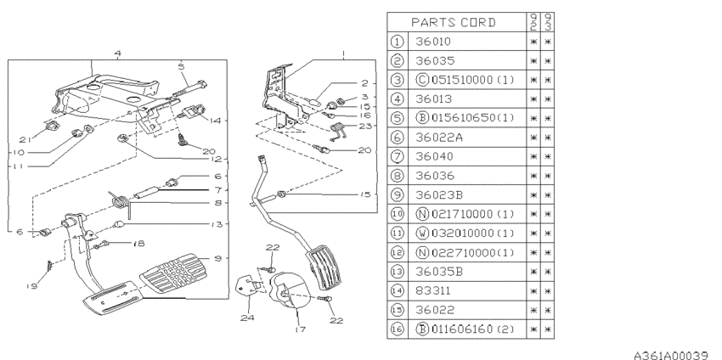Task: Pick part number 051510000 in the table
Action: (464, 80)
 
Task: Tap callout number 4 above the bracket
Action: (117, 53)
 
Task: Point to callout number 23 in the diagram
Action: (365, 125)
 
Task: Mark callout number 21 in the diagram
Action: (25, 138)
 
